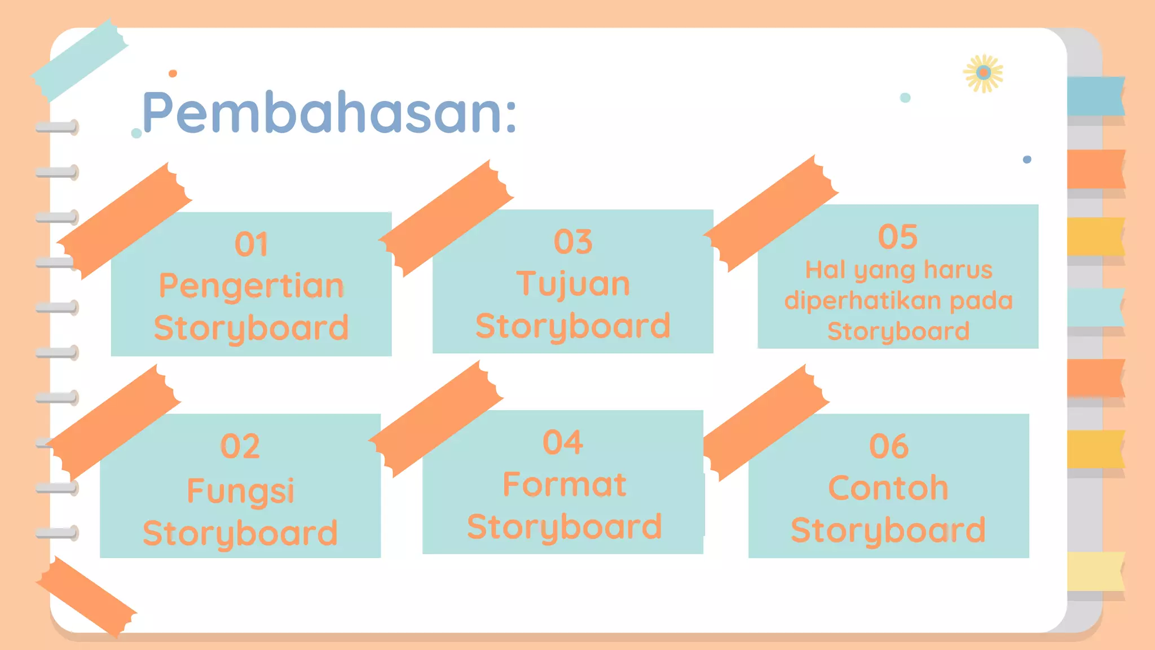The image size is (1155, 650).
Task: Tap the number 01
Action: click(252, 245)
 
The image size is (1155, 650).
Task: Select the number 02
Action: click(240, 447)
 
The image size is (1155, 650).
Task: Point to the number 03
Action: click(573, 242)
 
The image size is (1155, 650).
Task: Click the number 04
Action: click(563, 442)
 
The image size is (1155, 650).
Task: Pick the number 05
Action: click(898, 237)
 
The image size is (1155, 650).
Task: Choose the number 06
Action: click(889, 447)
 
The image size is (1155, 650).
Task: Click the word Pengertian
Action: click(252, 286)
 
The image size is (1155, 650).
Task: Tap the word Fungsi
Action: click(240, 491)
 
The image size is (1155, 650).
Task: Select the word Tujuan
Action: click(573, 284)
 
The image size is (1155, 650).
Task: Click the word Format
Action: click(564, 485)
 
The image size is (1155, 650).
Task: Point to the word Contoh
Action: click(888, 488)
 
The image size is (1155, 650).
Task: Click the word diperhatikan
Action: click(866, 301)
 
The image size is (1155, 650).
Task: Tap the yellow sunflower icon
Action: click(984, 73)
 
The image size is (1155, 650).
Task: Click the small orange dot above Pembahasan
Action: click(173, 73)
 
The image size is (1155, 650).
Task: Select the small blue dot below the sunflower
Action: click(1027, 160)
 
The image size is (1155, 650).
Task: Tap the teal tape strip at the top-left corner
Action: click(79, 59)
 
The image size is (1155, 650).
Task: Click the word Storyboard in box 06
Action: click(888, 530)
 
